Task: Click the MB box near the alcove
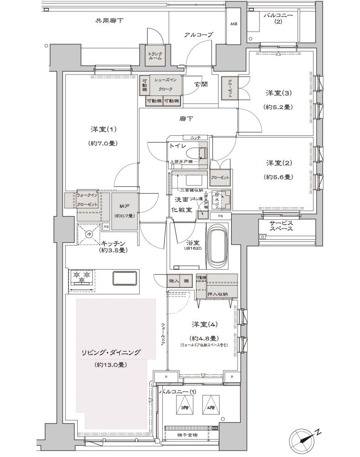(233, 24)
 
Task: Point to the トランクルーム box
(155, 56)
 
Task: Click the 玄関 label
(200, 84)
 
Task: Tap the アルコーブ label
(196, 35)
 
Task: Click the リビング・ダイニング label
(111, 352)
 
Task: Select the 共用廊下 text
(109, 21)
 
